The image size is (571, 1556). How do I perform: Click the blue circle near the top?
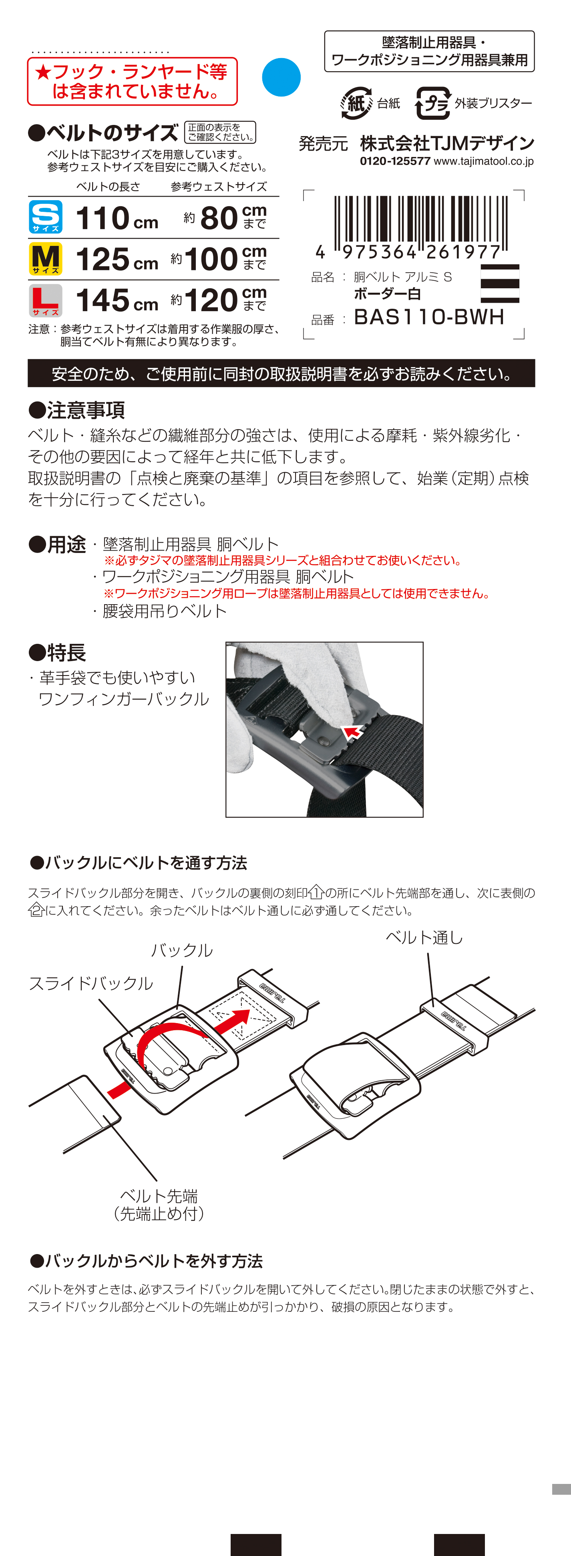[281, 77]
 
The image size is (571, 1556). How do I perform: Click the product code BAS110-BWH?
[429, 317]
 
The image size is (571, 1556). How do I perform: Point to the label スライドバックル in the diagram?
[91, 984]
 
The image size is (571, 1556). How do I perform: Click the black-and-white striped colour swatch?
[500, 283]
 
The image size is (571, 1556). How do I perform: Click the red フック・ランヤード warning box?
[132, 82]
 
